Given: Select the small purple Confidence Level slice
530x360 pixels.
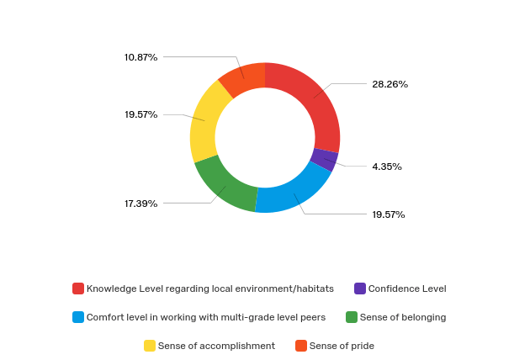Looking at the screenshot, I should pos(324,160).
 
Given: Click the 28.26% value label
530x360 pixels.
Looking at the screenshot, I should pos(390,84).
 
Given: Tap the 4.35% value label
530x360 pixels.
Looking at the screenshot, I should pos(387,167).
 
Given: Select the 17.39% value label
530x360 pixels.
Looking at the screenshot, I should pos(140,204).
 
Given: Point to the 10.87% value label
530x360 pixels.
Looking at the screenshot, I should pos(140,57).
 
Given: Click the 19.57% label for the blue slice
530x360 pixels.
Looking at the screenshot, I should pos(389,214).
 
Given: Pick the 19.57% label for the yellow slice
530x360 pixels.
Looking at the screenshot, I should pos(140,114).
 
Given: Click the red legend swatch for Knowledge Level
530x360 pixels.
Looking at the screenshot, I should pos(78,289).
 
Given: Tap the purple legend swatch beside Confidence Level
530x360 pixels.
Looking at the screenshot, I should pos(360,289).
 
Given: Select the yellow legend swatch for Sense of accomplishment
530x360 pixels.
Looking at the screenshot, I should pos(150,346).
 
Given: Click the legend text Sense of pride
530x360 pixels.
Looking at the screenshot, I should pos(342,346).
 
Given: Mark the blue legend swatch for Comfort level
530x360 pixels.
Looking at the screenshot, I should pos(78,317).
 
